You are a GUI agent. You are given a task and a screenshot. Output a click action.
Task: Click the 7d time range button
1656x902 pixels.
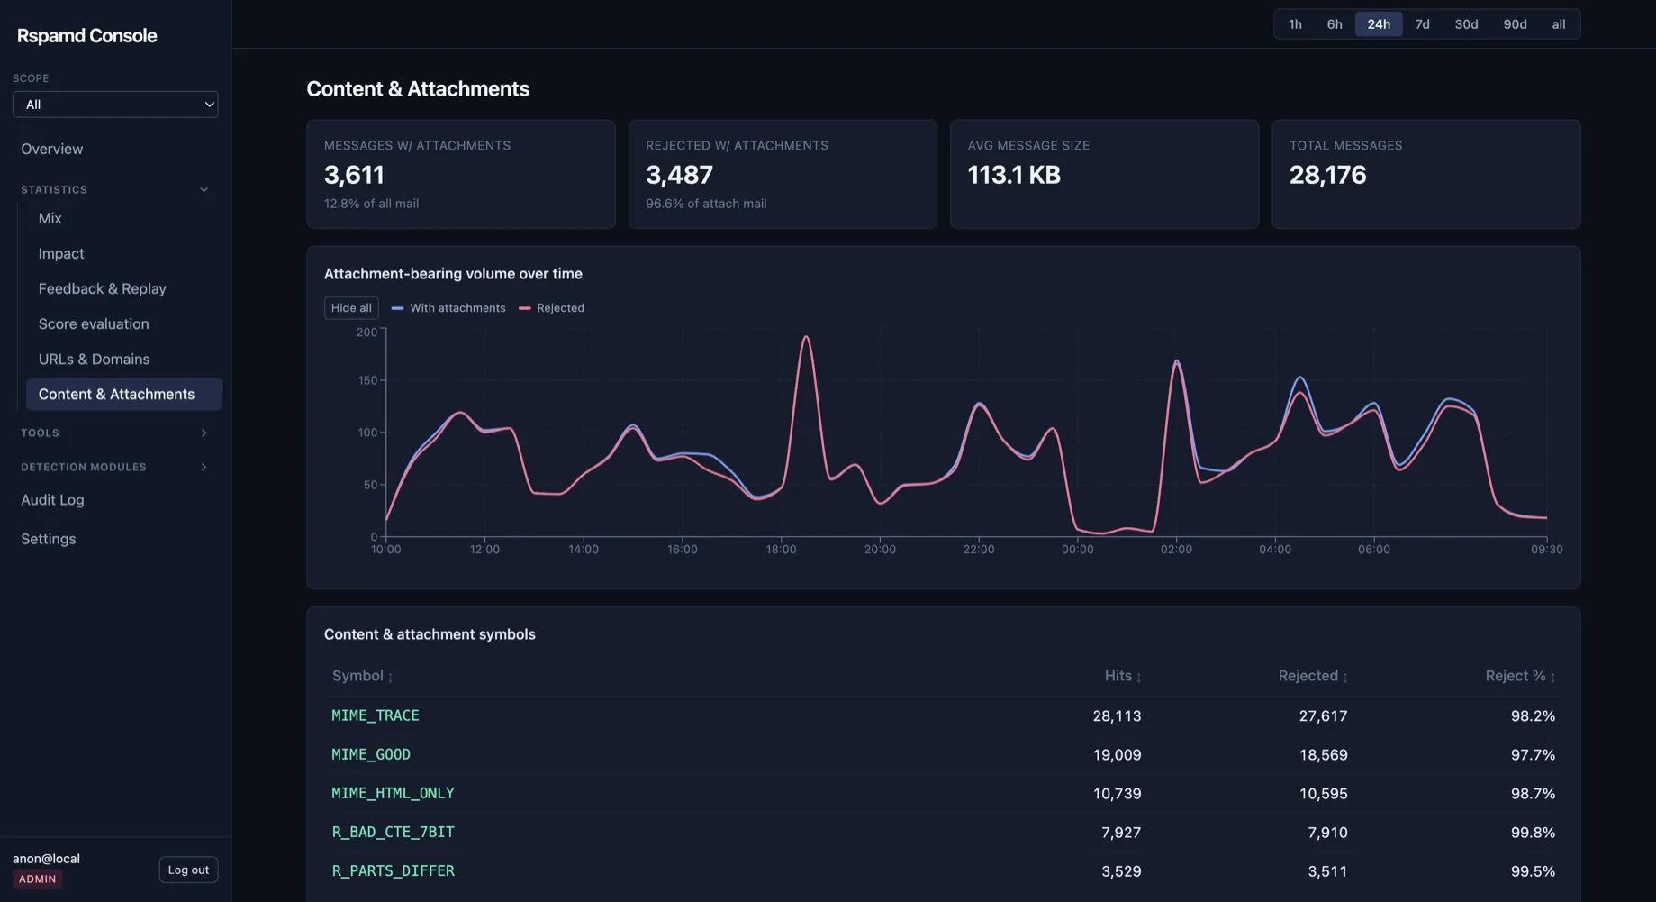[x=1422, y=24]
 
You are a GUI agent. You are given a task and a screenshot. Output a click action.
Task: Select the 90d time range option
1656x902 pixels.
[x=1515, y=24]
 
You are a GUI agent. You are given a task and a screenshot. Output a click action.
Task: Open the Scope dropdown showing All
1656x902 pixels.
[x=115, y=105]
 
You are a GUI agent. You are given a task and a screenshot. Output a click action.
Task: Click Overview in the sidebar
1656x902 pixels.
[x=52, y=149]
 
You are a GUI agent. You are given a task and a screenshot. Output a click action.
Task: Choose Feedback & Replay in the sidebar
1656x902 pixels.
[x=103, y=288]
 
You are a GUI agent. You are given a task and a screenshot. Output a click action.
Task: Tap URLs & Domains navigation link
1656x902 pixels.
[x=95, y=359]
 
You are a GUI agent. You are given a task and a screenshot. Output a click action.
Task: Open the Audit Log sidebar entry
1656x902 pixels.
[x=52, y=499]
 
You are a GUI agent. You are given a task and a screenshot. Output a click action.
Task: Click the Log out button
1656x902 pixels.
[x=188, y=870]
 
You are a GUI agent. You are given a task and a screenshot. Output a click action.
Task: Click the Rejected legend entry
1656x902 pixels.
[x=551, y=308]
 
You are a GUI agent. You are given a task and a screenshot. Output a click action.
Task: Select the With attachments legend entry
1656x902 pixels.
[x=448, y=308]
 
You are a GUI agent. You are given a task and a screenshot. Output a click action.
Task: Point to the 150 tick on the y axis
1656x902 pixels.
[x=367, y=380]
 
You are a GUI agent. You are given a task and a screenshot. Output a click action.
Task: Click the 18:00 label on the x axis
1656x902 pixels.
[x=781, y=549]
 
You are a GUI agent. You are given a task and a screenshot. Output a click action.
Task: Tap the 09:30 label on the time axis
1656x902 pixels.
[x=1546, y=549]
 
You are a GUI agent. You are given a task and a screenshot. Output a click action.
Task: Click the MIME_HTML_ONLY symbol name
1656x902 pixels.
[x=393, y=793]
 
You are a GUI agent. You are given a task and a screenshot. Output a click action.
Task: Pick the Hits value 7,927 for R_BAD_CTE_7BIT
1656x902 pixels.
[x=1121, y=833]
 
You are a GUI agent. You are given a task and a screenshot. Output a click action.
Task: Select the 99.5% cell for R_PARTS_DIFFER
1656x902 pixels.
[x=1533, y=871]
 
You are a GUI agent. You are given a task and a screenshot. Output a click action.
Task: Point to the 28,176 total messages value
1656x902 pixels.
[x=1327, y=175]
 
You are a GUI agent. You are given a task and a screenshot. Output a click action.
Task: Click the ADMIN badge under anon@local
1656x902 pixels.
[x=38, y=879]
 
